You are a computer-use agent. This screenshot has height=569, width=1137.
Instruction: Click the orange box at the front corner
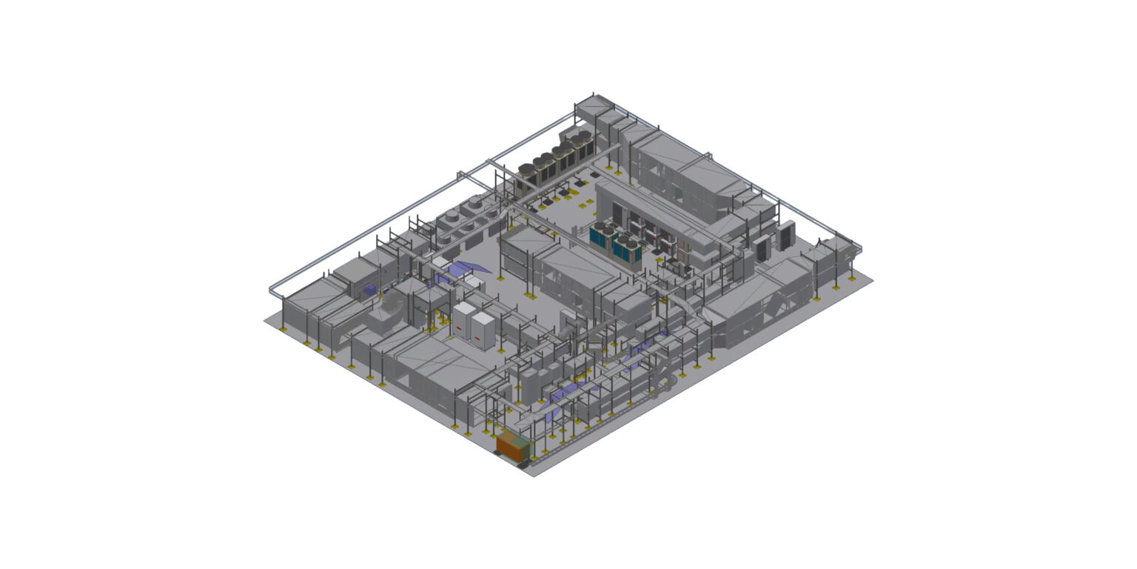click(x=513, y=445)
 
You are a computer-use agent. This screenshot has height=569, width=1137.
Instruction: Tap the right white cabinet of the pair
click(x=483, y=330)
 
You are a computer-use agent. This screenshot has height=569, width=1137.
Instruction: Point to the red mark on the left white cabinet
click(x=460, y=327)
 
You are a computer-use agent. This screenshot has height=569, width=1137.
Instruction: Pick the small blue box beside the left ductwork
click(x=368, y=290)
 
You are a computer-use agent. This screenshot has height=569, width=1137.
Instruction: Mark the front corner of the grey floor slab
click(x=534, y=476)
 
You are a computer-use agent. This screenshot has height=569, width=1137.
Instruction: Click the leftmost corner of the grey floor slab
click(x=265, y=320)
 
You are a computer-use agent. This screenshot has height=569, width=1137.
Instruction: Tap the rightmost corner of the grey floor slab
click(x=873, y=281)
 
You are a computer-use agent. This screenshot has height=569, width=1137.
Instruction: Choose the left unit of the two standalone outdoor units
click(x=762, y=245)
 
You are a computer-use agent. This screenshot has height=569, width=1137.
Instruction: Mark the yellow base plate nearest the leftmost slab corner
click(x=284, y=327)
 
